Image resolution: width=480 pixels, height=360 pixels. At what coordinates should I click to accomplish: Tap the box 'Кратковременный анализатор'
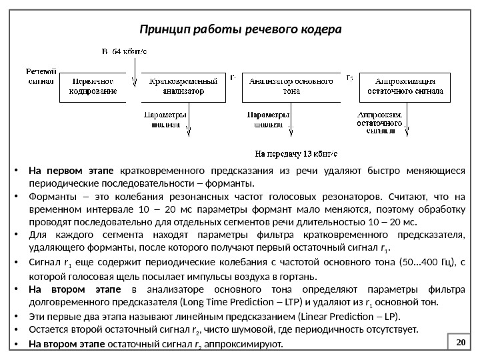(x=177, y=87)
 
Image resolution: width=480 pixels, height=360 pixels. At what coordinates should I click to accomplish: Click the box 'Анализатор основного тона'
(x=291, y=87)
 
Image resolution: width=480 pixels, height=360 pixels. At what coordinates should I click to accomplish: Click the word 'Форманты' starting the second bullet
(x=48, y=197)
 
